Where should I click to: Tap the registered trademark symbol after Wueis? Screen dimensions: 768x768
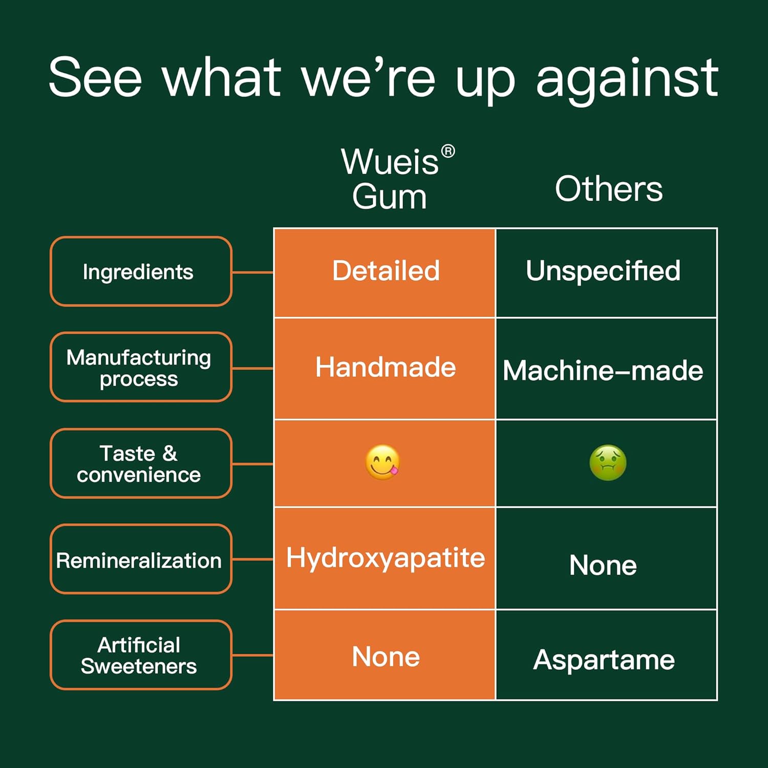pyautogui.click(x=448, y=152)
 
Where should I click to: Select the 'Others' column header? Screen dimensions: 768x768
pyautogui.click(x=608, y=189)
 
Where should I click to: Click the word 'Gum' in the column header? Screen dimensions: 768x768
pyautogui.click(x=389, y=197)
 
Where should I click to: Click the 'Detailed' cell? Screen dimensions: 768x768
pyautogui.click(x=386, y=271)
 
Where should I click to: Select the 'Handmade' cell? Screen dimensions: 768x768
pyautogui.click(x=386, y=368)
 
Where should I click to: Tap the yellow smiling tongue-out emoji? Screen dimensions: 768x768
pyautogui.click(x=382, y=462)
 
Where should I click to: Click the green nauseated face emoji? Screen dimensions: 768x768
pyautogui.click(x=608, y=463)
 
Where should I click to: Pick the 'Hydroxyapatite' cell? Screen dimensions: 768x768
pyautogui.click(x=386, y=558)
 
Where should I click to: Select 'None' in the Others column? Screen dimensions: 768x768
pyautogui.click(x=603, y=565)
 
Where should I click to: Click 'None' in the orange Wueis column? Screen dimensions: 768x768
pyautogui.click(x=386, y=656)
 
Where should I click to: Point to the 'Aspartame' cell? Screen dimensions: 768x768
pyautogui.click(x=604, y=659)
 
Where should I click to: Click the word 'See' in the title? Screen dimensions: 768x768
pyautogui.click(x=95, y=78)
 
